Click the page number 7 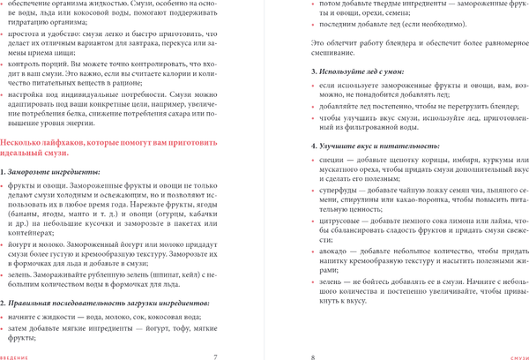[x=215, y=355]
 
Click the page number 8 [x=313, y=355]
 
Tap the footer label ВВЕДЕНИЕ [x=15, y=356]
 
